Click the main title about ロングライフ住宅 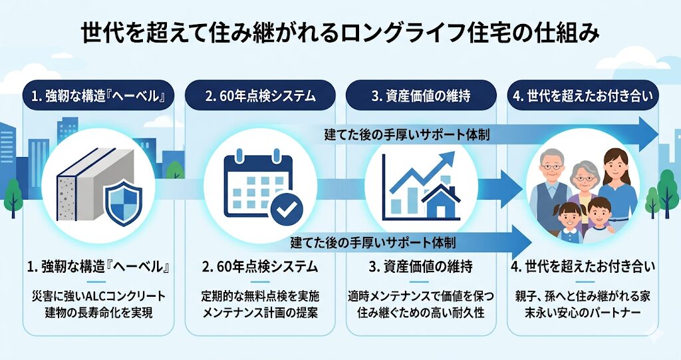pyautogui.click(x=340, y=32)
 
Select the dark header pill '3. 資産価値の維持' pyautogui.click(x=421, y=96)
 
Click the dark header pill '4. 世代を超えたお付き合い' pyautogui.click(x=583, y=96)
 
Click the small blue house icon pyautogui.click(x=440, y=202)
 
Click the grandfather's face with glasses pyautogui.click(x=551, y=166)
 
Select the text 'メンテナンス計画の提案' pyautogui.click(x=260, y=311)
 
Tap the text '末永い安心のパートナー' pyautogui.click(x=583, y=311)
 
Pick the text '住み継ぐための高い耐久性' pyautogui.click(x=421, y=311)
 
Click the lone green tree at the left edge pyautogui.click(x=13, y=194)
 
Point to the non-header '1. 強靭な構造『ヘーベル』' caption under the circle pyautogui.click(x=98, y=268)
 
